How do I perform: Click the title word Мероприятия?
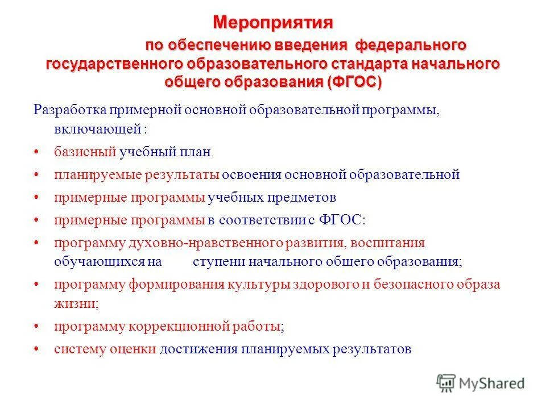(272, 23)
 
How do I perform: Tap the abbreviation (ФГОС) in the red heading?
(355, 81)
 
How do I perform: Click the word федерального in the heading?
(411, 45)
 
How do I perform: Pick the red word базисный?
(86, 152)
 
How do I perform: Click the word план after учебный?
(196, 152)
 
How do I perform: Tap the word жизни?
(75, 303)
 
